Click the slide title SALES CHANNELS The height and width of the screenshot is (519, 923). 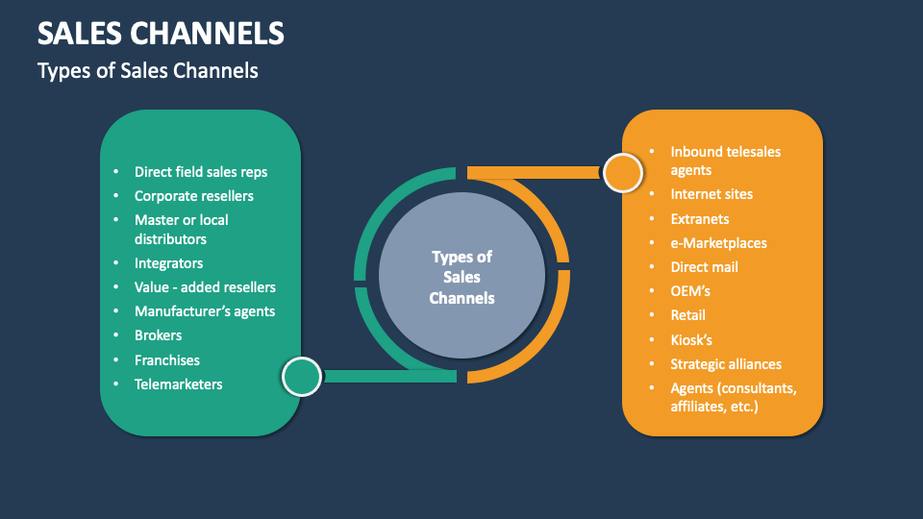(161, 34)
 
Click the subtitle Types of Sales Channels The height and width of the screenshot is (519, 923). (147, 71)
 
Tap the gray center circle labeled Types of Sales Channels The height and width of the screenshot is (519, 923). (461, 277)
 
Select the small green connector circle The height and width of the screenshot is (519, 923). (301, 376)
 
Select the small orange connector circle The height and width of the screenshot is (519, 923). (622, 173)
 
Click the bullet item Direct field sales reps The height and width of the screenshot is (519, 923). (201, 172)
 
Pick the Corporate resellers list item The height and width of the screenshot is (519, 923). (194, 196)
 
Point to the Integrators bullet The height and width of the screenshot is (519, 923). (168, 263)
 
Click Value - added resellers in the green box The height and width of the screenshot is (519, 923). (205, 287)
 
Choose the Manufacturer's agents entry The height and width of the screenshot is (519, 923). (205, 311)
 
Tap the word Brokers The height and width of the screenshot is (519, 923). (159, 335)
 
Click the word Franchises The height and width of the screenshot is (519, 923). (167, 360)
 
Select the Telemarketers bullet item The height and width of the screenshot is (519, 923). (179, 384)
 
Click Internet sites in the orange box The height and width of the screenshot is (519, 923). (711, 194)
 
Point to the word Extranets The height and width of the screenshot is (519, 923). (700, 219)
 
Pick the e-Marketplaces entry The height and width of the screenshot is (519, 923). (719, 243)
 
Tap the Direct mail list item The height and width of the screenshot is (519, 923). (705, 267)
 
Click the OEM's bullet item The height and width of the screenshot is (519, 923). (690, 291)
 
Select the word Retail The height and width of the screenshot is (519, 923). (688, 315)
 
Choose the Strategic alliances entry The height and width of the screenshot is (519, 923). (726, 364)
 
